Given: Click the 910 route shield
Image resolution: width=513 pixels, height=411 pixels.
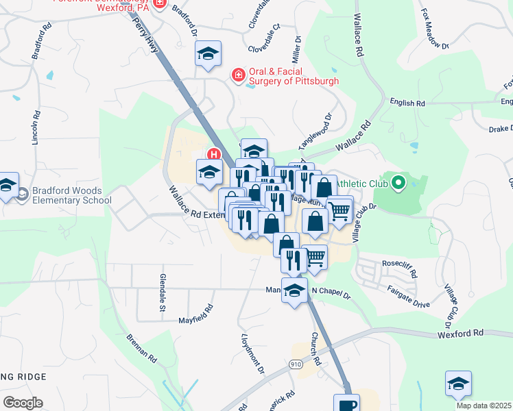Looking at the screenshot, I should pyautogui.click(x=296, y=363).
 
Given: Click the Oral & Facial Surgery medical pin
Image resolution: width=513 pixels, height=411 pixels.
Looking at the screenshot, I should pyautogui.click(x=238, y=75).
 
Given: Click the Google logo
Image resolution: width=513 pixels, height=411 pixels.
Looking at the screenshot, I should pyautogui.click(x=22, y=403).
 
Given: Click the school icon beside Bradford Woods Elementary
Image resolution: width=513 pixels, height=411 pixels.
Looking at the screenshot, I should pyautogui.click(x=8, y=185).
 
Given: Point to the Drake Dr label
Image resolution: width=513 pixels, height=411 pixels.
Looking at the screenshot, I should pyautogui.click(x=501, y=128).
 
